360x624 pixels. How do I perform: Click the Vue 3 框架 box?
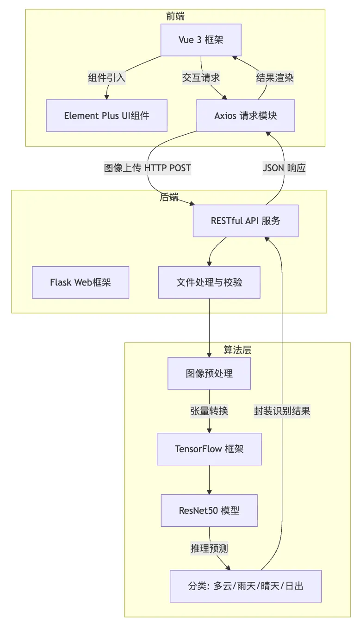click(x=201, y=40)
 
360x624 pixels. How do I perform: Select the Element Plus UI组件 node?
click(x=106, y=116)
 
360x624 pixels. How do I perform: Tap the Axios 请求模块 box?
click(x=246, y=116)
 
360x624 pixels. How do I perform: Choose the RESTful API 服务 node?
click(x=246, y=220)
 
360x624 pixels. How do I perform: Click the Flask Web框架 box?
click(x=81, y=282)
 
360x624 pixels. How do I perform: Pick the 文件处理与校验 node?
click(x=209, y=282)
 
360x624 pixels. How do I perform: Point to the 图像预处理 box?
click(x=209, y=373)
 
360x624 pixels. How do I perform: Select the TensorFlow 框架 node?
click(x=209, y=449)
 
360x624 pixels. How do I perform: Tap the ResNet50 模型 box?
click(x=209, y=511)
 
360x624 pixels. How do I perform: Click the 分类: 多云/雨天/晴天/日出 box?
click(x=246, y=586)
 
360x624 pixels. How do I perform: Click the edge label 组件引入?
click(x=106, y=77)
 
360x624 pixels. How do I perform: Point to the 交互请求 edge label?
click(x=201, y=77)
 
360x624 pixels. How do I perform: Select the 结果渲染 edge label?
click(x=275, y=77)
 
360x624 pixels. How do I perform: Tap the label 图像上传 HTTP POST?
click(x=148, y=168)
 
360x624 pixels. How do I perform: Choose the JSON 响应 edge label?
click(x=284, y=168)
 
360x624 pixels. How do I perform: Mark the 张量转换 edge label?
click(x=209, y=411)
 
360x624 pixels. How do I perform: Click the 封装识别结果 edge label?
click(x=282, y=411)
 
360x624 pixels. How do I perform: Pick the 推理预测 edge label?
click(x=209, y=549)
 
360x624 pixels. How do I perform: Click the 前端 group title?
click(x=175, y=16)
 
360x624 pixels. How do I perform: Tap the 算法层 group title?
click(x=237, y=350)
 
